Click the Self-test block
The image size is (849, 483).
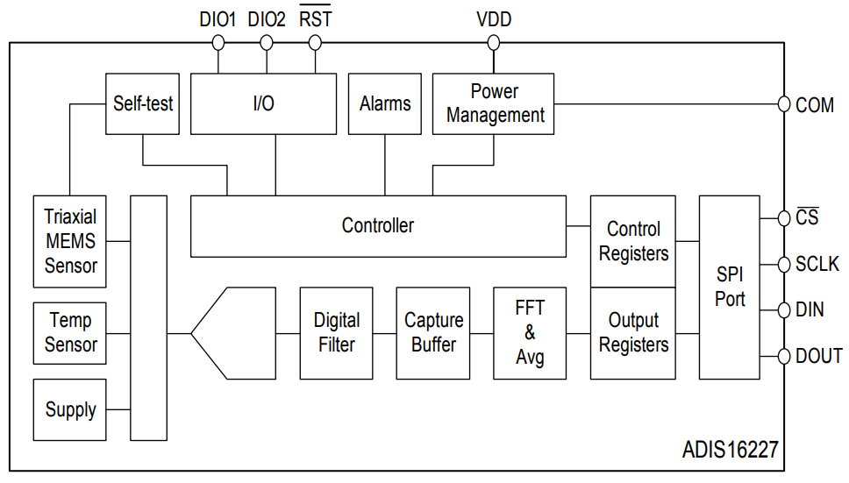click(142, 103)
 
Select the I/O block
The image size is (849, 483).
click(263, 103)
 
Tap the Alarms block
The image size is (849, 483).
click(384, 103)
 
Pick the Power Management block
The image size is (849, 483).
click(493, 103)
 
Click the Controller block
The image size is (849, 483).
click(379, 226)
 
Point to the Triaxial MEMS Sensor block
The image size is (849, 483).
click(70, 241)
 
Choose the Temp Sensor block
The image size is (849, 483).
click(70, 333)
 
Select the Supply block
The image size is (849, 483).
click(70, 409)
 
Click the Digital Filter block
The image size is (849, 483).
click(336, 333)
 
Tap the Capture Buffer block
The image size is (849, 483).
click(433, 333)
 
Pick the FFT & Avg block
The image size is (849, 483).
click(530, 333)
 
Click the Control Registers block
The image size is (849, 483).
click(633, 241)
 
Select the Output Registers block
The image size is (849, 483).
click(633, 333)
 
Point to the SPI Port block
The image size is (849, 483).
click(730, 288)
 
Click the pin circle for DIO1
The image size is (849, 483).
click(218, 43)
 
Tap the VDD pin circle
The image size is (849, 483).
click(493, 43)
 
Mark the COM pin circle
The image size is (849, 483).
click(783, 103)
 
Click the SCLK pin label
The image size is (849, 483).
click(817, 265)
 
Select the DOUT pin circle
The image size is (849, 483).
click(783, 357)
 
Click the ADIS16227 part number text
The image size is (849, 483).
click(730, 450)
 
